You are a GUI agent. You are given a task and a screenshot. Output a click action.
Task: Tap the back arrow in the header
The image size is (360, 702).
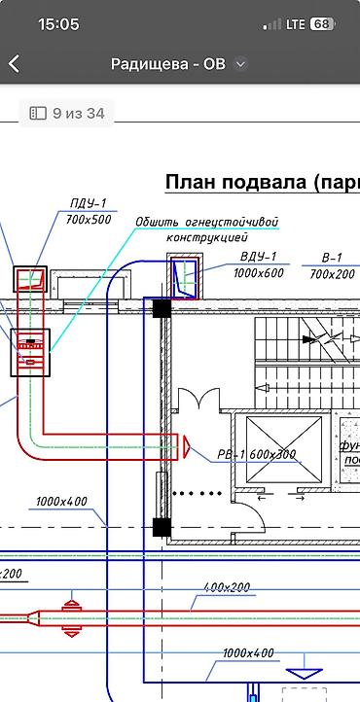tap(15, 64)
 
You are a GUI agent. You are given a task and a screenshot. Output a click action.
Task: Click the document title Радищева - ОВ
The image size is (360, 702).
tap(169, 64)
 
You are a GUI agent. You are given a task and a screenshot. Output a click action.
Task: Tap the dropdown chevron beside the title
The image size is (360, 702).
tap(241, 64)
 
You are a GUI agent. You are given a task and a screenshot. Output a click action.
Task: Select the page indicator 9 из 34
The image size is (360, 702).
tap(67, 113)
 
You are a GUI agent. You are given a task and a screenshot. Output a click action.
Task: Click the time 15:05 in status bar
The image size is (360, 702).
tap(58, 24)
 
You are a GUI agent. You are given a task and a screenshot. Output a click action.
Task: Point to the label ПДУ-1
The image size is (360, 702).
tap(88, 203)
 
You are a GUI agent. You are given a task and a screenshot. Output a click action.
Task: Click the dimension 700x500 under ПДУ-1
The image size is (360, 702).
tap(89, 220)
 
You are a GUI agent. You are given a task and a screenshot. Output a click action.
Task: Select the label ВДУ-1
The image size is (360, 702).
tap(259, 257)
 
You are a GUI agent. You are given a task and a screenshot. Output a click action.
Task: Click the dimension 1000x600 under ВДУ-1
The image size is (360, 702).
tap(259, 273)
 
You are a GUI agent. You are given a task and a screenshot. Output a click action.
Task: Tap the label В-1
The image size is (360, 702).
tap(332, 259)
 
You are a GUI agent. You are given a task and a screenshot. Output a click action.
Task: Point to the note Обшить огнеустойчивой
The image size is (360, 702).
tap(206, 222)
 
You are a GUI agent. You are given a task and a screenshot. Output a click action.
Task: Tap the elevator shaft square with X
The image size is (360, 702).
tap(283, 448)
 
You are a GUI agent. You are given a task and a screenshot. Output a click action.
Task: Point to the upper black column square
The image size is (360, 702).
tap(162, 309)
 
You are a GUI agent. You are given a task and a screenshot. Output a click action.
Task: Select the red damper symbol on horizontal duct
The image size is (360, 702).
tap(70, 617)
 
